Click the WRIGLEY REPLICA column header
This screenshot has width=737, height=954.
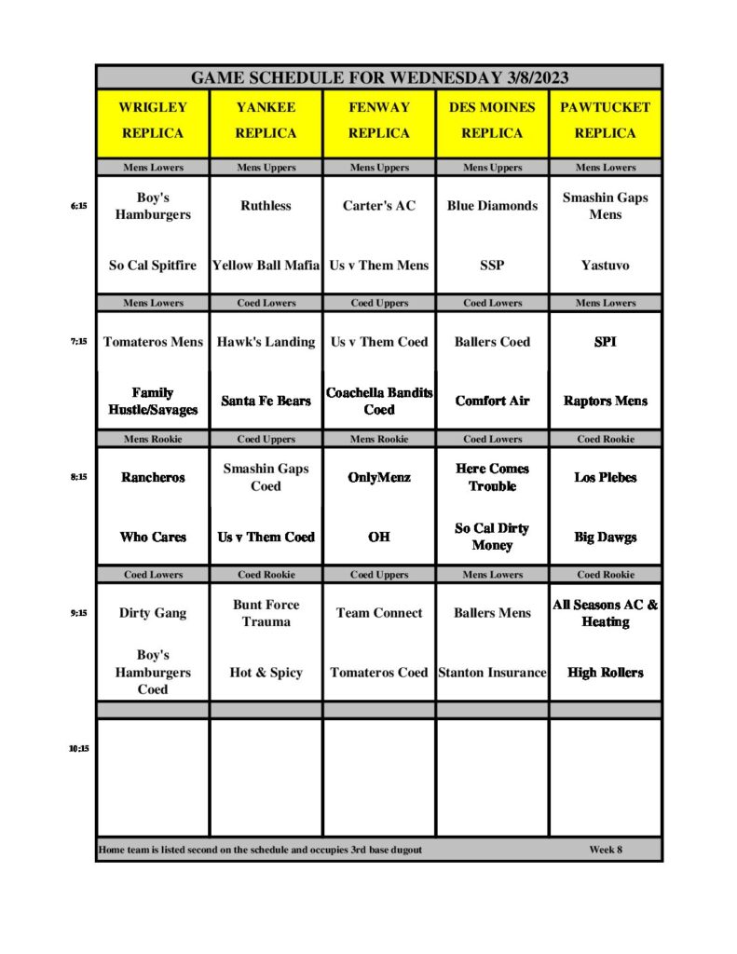(153, 120)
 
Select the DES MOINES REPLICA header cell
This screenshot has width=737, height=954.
(492, 120)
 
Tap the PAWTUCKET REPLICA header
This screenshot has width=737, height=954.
(605, 120)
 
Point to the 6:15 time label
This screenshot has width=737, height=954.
(78, 206)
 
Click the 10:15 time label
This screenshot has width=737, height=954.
(78, 748)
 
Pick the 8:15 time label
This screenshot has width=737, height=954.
(78, 477)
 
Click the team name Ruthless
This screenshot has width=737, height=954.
(266, 206)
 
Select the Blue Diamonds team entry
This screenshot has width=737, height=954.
(492, 206)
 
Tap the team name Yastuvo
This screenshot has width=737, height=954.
(605, 266)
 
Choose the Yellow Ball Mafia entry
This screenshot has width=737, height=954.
(266, 266)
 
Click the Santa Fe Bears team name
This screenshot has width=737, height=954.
(266, 401)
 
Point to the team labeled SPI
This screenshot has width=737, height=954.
(605, 342)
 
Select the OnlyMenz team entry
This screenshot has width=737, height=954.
(379, 477)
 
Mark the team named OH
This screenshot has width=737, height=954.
(379, 537)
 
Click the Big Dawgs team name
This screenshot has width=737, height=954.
(605, 537)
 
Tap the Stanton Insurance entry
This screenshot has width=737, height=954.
(492, 673)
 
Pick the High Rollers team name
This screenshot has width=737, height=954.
(605, 673)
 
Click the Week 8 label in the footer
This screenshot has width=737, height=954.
(606, 850)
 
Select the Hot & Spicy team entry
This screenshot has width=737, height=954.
(266, 673)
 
